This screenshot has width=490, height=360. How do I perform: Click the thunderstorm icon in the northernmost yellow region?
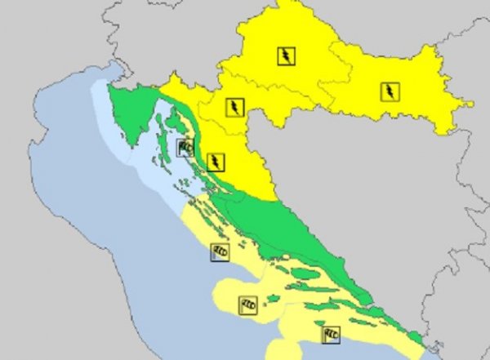pyautogui.click(x=286, y=56)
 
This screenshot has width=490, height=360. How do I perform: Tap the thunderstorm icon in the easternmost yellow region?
pyautogui.click(x=389, y=91)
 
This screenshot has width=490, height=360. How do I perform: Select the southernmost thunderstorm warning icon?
pyautogui.click(x=215, y=161)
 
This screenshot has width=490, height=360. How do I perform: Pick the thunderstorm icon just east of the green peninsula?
pyautogui.click(x=234, y=107)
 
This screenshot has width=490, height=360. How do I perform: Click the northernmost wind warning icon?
pyautogui.click(x=185, y=148)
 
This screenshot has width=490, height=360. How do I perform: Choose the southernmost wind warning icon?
pyautogui.click(x=331, y=334)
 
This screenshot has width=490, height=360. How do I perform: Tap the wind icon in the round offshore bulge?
pyautogui.click(x=247, y=305)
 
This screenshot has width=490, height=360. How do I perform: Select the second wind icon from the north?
pyautogui.click(x=219, y=251)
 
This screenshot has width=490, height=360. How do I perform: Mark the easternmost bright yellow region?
pyautogui.click(x=408, y=98)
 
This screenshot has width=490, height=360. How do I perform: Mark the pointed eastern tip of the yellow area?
pyautogui.click(x=471, y=104)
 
